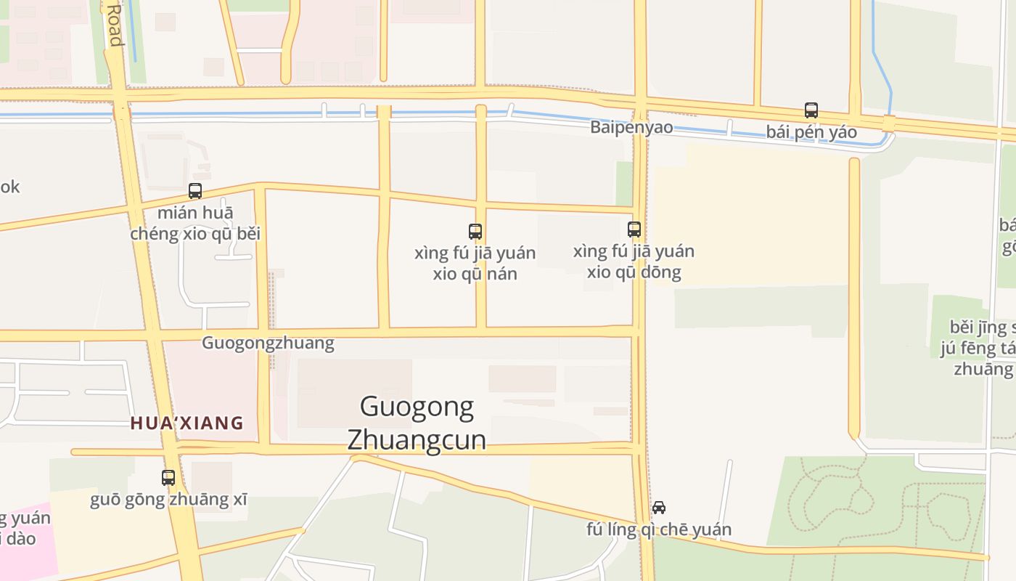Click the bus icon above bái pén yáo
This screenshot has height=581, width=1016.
coord(811,110)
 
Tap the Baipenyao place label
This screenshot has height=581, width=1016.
coord(631,127)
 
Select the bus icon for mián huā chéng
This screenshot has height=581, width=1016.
coord(195,191)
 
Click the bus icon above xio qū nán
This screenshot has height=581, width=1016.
coord(475,232)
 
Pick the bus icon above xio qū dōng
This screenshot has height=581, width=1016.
coord(634,229)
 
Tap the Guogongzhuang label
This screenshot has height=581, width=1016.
coord(268,343)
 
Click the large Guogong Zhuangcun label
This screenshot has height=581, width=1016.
coord(417,423)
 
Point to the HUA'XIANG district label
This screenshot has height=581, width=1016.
coord(187,423)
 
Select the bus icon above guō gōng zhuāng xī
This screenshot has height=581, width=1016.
coord(168,477)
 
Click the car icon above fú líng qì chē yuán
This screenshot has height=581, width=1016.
coord(659,507)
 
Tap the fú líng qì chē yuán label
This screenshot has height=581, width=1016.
coord(659,529)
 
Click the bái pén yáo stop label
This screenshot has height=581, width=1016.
coord(811,132)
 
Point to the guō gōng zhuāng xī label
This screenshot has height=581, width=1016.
coord(168,500)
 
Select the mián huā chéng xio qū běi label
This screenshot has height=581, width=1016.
coord(195,223)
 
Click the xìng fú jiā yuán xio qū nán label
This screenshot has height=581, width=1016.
coord(475,263)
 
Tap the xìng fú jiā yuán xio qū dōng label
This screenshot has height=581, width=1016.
coord(634,261)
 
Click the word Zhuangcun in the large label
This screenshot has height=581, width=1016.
coord(417,440)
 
